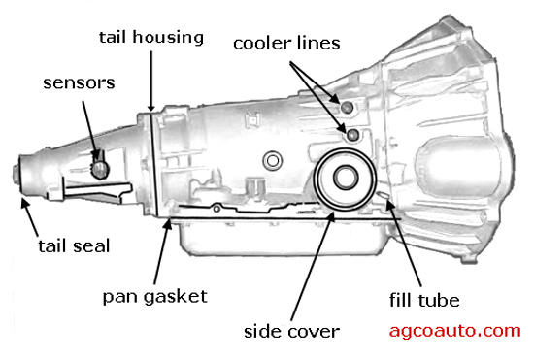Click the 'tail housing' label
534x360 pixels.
[x=151, y=37]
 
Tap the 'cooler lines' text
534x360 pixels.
[x=286, y=44]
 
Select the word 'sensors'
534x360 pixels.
[x=79, y=83]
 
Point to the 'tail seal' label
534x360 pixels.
[x=74, y=246]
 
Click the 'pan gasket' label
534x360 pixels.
[x=155, y=297]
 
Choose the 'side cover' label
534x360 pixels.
[x=291, y=332]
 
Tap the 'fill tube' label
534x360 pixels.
[x=424, y=300]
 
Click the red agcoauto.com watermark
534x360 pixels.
[x=455, y=331]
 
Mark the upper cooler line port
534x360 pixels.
[x=347, y=107]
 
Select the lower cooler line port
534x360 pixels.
[x=352, y=135]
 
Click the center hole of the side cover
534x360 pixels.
[x=346, y=178]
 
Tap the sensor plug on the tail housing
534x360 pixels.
[x=100, y=169]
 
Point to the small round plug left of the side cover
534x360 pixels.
[x=273, y=160]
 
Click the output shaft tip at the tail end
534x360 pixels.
[x=16, y=175]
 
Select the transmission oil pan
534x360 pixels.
[x=282, y=238]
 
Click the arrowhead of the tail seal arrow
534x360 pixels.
[x=24, y=202]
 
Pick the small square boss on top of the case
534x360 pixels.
[x=252, y=120]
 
